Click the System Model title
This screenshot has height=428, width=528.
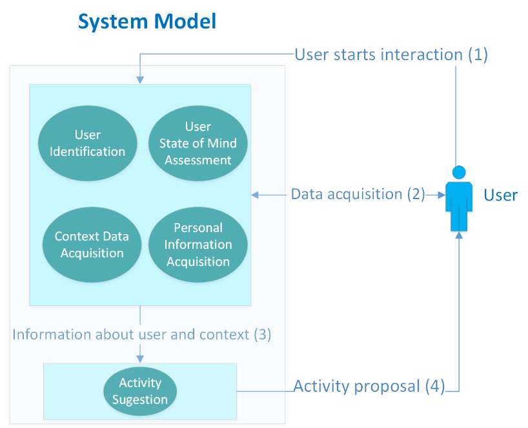point(147,22)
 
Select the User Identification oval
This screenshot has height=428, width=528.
point(88,143)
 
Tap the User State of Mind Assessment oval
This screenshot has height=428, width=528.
point(198,143)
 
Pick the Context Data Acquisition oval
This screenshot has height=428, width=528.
point(92,244)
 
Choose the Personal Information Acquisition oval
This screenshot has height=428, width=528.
point(198,244)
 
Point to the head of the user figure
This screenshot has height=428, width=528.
point(458,173)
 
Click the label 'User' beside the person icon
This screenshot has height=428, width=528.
point(501,195)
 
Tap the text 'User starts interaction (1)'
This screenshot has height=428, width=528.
point(391,54)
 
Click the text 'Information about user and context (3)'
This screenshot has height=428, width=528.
point(142,334)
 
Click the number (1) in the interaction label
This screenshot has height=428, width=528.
point(478,54)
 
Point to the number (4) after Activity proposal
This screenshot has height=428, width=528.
point(434,387)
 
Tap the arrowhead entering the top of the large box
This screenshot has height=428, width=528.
point(141,80)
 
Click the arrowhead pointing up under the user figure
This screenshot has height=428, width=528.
point(459,236)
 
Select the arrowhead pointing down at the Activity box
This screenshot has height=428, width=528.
point(141,359)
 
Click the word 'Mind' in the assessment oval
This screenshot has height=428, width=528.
point(224,143)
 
